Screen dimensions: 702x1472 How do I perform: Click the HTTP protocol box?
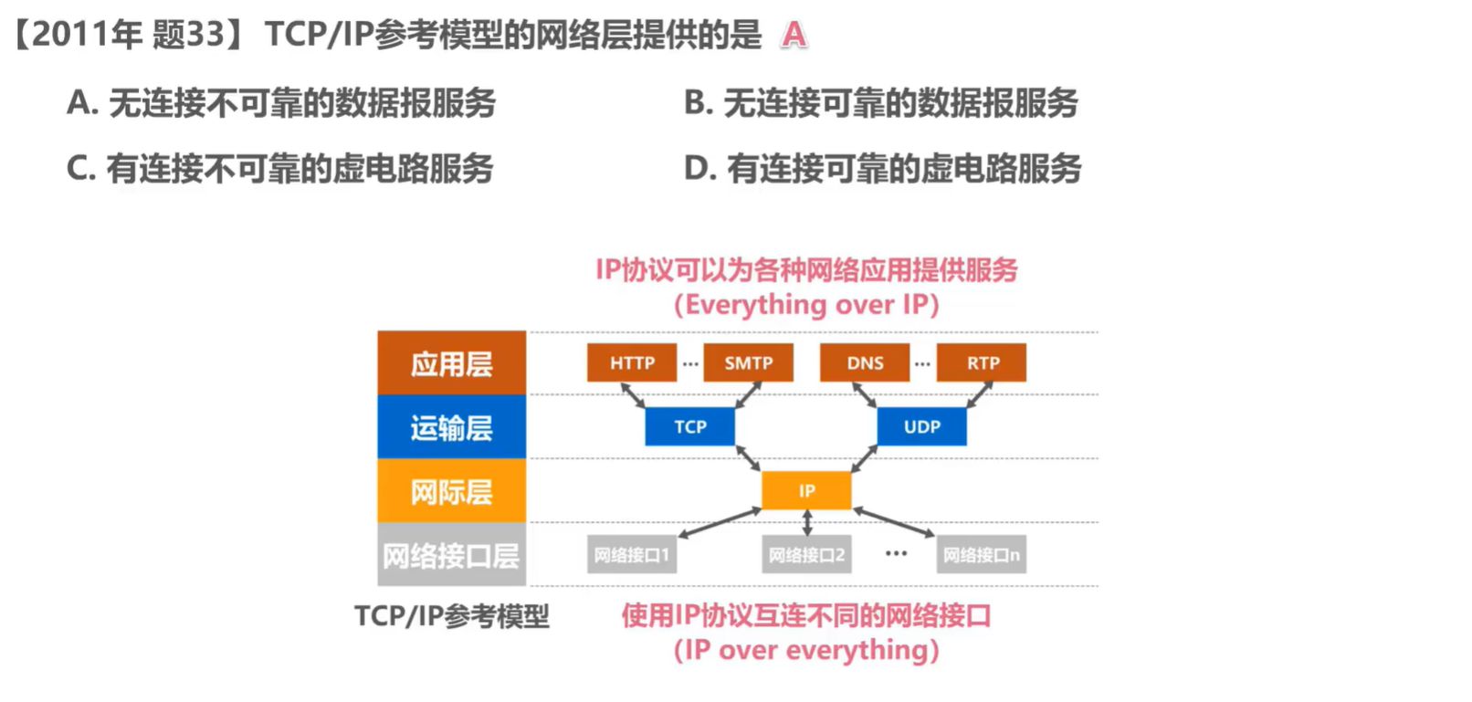point(632,362)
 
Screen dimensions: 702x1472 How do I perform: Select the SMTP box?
point(748,362)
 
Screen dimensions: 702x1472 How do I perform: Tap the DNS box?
point(865,362)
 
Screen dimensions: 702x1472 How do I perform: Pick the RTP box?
point(982,362)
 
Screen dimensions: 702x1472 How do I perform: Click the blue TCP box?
point(689,426)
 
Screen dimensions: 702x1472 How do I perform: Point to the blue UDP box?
point(921,426)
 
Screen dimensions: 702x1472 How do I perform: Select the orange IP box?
point(806,490)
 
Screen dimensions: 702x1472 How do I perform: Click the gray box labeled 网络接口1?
point(632,554)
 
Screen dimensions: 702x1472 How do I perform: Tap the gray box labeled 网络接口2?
point(806,554)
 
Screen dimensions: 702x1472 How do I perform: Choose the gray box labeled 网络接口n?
point(982,554)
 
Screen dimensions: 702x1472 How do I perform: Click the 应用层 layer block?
point(451,363)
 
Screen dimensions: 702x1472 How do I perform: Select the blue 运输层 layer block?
point(451,427)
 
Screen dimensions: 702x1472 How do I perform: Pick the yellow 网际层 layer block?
point(451,491)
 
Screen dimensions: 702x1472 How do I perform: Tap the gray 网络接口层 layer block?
point(451,555)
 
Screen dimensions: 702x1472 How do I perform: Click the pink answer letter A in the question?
point(794,35)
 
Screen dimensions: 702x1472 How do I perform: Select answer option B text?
point(881,102)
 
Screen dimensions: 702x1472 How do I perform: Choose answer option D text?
point(883,168)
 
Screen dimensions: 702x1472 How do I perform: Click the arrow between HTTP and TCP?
point(633,394)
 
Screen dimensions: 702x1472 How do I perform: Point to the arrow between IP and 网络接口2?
point(806,522)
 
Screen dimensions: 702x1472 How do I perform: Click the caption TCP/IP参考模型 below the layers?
point(451,616)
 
